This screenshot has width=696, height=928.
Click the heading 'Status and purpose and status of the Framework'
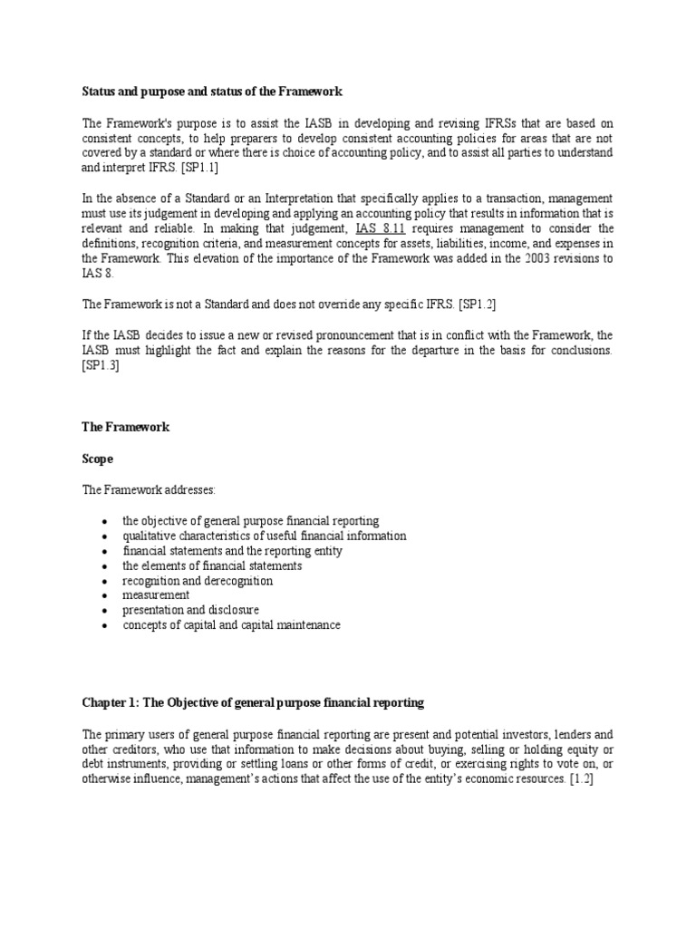213,92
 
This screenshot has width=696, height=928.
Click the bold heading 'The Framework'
126,427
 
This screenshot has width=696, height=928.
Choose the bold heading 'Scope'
98,459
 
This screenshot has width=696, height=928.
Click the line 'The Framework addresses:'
150,489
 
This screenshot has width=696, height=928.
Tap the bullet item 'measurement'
157,595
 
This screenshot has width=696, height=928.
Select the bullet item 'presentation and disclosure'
191,610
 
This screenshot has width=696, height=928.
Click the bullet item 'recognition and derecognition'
198,580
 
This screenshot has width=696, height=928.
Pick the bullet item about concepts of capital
232,625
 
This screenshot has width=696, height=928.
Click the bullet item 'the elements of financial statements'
213,565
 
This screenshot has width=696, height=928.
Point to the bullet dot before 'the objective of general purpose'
105,522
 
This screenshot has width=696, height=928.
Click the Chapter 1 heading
253,702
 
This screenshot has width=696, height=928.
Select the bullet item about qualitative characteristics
265,536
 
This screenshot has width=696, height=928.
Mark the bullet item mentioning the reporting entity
233,550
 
